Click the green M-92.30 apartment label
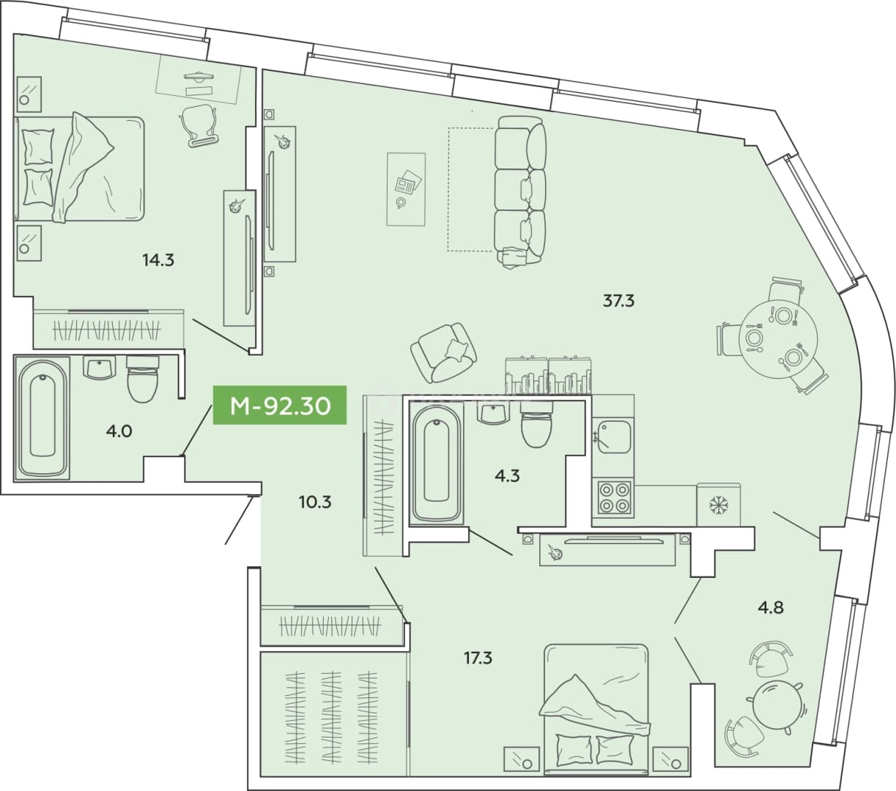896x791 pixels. pyautogui.click(x=280, y=404)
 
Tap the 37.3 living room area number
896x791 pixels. pyautogui.click(x=619, y=301)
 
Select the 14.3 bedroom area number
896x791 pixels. pyautogui.click(x=158, y=260)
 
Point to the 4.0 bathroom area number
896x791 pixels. pyautogui.click(x=119, y=431)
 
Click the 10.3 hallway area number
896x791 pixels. pyautogui.click(x=315, y=502)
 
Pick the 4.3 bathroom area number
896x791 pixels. pyautogui.click(x=507, y=476)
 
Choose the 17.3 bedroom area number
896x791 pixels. pyautogui.click(x=478, y=658)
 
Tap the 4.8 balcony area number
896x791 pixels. pyautogui.click(x=771, y=608)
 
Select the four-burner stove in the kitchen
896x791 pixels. pyautogui.click(x=613, y=498)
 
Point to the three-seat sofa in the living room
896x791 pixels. pyautogui.click(x=520, y=191)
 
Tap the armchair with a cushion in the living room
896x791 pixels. pyautogui.click(x=443, y=352)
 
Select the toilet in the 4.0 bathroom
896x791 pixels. pyautogui.click(x=142, y=379)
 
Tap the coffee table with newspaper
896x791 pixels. pyautogui.click(x=406, y=189)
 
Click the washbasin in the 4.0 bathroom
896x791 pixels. pyautogui.click(x=100, y=368)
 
